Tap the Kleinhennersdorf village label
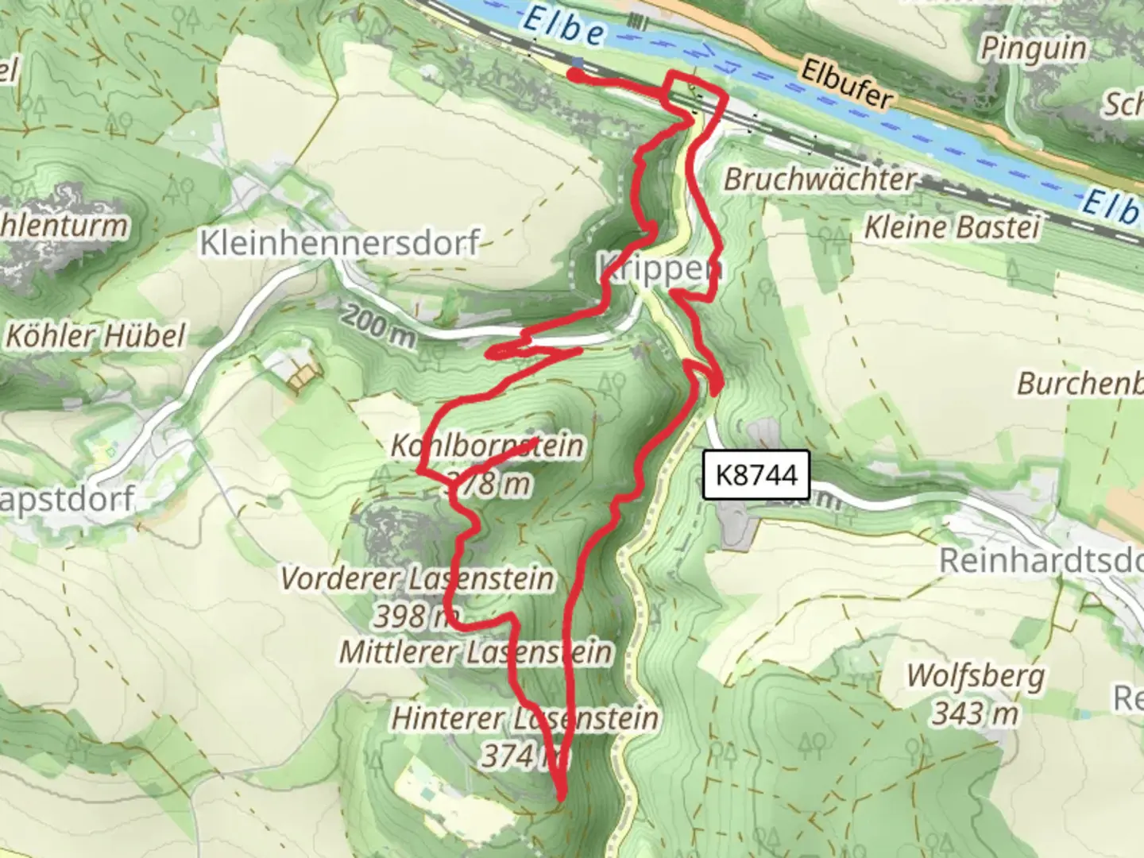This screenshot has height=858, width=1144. (339, 242)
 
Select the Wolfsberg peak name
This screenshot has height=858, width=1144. (975, 677)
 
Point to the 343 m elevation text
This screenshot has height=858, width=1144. (975, 713)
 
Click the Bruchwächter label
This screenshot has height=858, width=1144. (819, 180)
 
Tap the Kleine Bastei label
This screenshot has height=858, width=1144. (951, 227)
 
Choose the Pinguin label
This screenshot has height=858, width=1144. (1033, 48)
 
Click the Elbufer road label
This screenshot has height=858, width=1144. (847, 83)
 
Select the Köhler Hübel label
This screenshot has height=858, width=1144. (95, 336)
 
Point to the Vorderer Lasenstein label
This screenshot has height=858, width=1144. (417, 578)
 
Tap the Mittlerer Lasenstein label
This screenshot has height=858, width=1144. (475, 652)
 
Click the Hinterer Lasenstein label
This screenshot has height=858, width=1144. (524, 718)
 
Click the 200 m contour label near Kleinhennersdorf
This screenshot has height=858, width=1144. (379, 326)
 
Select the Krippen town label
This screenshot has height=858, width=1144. (659, 268)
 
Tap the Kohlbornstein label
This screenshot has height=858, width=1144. (487, 446)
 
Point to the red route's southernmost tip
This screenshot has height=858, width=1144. (561, 798)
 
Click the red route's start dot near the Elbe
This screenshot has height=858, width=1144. (573, 74)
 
